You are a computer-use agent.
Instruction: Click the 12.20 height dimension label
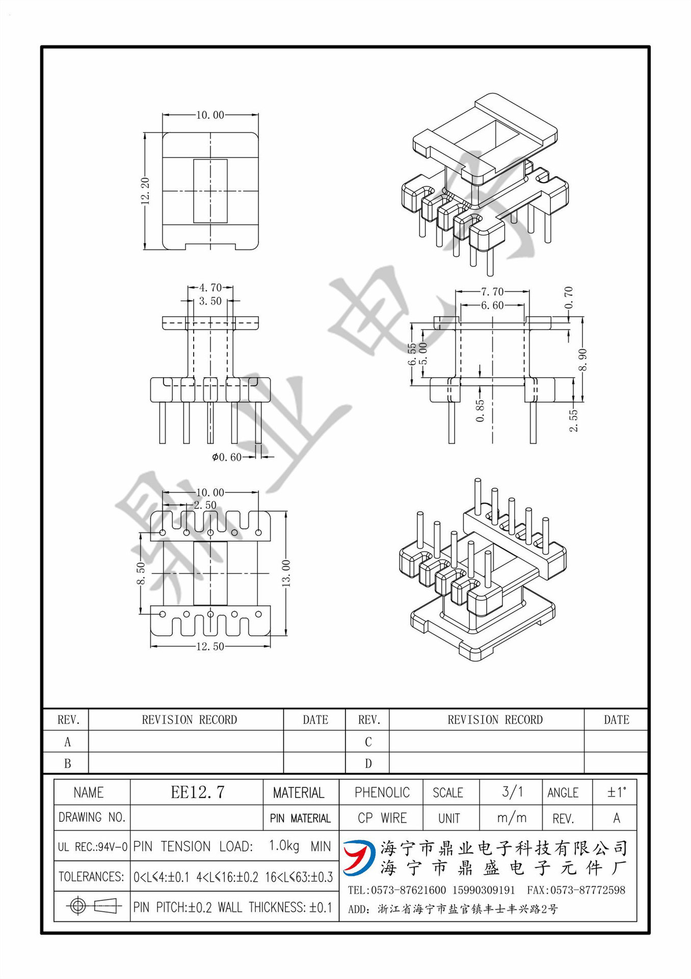[x=145, y=191]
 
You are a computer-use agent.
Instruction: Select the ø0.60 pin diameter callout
[x=227, y=457]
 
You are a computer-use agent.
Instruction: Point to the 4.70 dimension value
[x=210, y=288]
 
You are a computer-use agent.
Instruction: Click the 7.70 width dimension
[x=492, y=292]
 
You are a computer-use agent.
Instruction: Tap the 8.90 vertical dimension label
[x=582, y=360]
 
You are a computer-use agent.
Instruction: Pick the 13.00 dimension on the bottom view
[x=286, y=573]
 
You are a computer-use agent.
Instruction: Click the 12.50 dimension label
[x=210, y=647]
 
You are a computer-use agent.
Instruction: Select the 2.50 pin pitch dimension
[x=205, y=505]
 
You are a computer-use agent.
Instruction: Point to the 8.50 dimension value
[x=141, y=574]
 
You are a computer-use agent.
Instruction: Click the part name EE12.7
[x=197, y=792]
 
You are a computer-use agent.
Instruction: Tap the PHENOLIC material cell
[x=382, y=792]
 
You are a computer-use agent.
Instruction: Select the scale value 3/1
[x=512, y=792]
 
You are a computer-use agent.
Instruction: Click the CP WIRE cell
[x=382, y=818]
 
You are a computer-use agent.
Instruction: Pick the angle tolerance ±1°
[x=616, y=792]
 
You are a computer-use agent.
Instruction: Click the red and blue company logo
[x=359, y=857]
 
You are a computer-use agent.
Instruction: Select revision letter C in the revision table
[x=368, y=742]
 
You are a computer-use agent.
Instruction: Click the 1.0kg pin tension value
[x=284, y=845]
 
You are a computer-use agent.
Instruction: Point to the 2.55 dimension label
[x=574, y=421]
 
